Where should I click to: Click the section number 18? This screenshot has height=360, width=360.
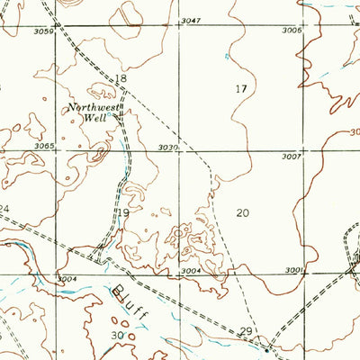(122, 80)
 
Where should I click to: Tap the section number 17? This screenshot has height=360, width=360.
(240, 88)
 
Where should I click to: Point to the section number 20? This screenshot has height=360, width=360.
(242, 213)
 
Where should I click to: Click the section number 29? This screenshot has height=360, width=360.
(246, 332)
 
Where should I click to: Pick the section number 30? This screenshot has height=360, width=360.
(117, 335)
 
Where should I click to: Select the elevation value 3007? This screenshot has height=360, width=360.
(289, 157)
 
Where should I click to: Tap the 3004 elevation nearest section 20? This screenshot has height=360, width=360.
(190, 270)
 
